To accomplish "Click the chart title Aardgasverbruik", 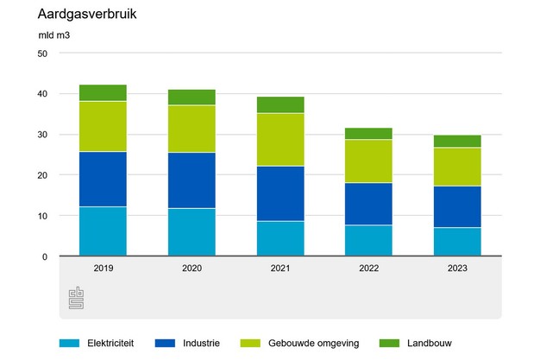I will (x=87, y=15).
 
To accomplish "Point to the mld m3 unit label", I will (x=55, y=35).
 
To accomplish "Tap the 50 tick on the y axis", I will (x=41, y=54).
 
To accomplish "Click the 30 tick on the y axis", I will (x=41, y=135).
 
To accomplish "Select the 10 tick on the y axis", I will (x=41, y=216).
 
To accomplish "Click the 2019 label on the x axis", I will (x=103, y=268).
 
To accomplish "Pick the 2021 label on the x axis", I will (x=279, y=268).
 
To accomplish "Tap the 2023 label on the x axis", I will (x=457, y=268).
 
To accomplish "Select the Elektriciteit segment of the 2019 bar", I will (x=103, y=231).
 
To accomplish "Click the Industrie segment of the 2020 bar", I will (x=192, y=180).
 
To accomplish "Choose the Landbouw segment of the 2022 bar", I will (x=368, y=134).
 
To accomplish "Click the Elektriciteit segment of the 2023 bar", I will (x=457, y=242).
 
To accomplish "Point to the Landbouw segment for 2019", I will (x=103, y=93).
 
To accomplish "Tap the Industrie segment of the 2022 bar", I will (x=368, y=204).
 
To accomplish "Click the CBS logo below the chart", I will (x=77, y=297).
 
